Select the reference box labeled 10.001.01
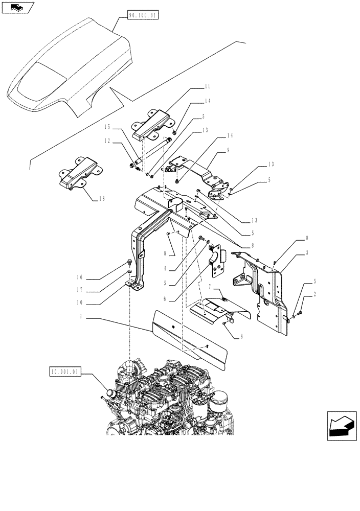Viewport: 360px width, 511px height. click(x=65, y=373)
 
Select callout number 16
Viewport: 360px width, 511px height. click(x=79, y=279)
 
